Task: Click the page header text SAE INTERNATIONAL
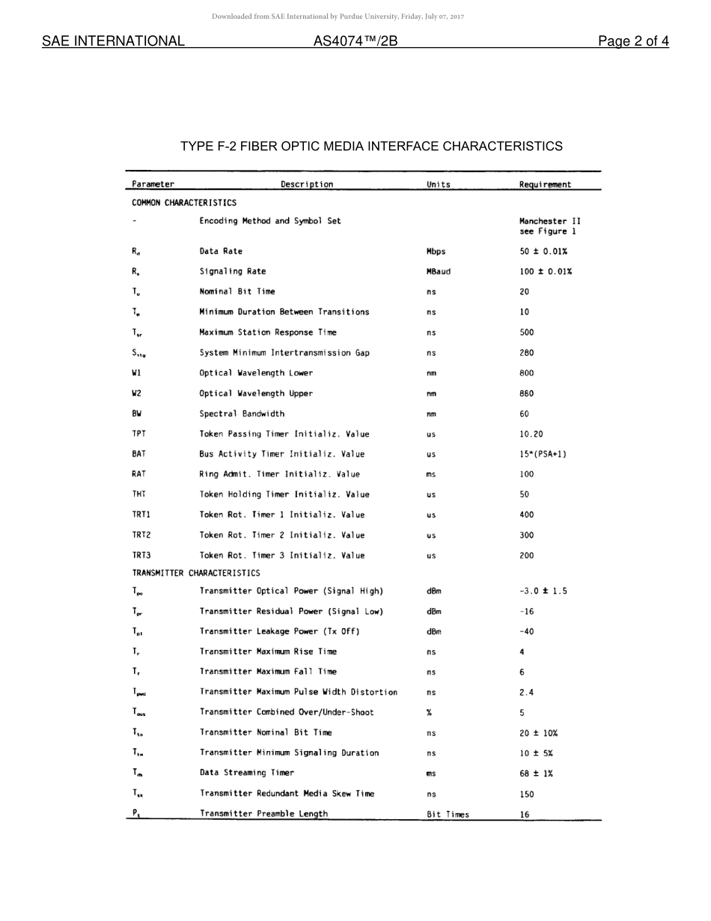pyautogui.click(x=113, y=41)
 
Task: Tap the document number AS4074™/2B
pyautogui.click(x=355, y=41)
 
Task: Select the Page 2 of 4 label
pyautogui.click(x=632, y=41)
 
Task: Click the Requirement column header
pyautogui.click(x=545, y=184)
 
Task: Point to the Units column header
pyautogui.click(x=439, y=184)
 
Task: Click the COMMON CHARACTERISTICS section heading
pyautogui.click(x=184, y=203)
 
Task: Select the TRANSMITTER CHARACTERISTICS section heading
pyautogui.click(x=196, y=573)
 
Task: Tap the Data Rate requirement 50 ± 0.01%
pyautogui.click(x=545, y=252)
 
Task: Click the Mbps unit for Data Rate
pyautogui.click(x=436, y=252)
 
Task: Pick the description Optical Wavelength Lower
pyautogui.click(x=256, y=373)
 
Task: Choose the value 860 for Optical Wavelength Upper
pyautogui.click(x=526, y=393)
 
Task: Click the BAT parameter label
pyautogui.click(x=138, y=454)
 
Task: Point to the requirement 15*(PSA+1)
pyautogui.click(x=543, y=454)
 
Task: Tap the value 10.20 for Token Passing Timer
pyautogui.click(x=531, y=434)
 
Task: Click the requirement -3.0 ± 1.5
pyautogui.click(x=543, y=591)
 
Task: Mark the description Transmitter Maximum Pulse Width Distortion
pyautogui.click(x=298, y=692)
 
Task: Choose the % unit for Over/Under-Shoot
pyautogui.click(x=429, y=712)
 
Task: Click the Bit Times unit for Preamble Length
pyautogui.click(x=448, y=814)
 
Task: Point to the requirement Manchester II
pyautogui.click(x=549, y=221)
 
